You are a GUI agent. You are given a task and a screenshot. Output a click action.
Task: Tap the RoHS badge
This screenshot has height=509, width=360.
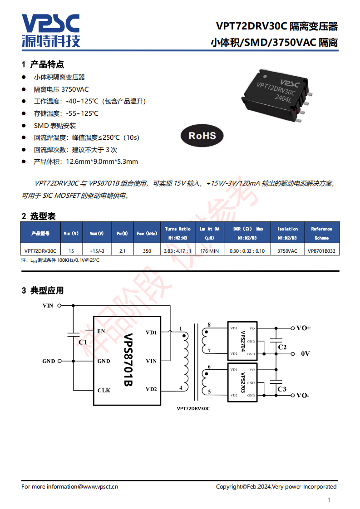pyautogui.click(x=202, y=135)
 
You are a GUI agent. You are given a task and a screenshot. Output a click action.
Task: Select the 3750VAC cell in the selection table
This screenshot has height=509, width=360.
pyautogui.click(x=287, y=251)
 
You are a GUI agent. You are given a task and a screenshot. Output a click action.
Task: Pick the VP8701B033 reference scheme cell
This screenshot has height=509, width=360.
pyautogui.click(x=322, y=251)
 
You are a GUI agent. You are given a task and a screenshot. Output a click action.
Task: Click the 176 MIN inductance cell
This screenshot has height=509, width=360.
pyautogui.click(x=210, y=251)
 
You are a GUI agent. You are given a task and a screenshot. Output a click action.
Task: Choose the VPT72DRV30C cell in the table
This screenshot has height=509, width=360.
pyautogui.click(x=40, y=251)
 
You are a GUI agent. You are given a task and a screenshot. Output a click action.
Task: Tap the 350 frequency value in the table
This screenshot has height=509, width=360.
pyautogui.click(x=147, y=251)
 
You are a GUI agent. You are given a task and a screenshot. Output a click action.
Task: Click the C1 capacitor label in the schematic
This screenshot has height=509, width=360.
pyautogui.click(x=83, y=342)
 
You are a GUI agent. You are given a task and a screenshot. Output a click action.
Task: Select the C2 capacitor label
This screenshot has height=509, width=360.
pyautogui.click(x=282, y=347)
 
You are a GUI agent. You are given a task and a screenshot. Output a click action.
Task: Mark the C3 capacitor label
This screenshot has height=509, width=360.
pyautogui.click(x=282, y=389)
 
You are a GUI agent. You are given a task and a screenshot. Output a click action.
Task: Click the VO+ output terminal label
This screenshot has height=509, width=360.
pyautogui.click(x=303, y=328)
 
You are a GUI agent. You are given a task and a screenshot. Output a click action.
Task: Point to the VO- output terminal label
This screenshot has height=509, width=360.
pyautogui.click(x=303, y=396)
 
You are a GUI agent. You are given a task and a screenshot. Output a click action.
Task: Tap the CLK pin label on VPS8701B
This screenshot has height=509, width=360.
pyautogui.click(x=104, y=390)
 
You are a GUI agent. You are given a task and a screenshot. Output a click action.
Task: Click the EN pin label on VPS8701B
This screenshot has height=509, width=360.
pyautogui.click(x=101, y=331)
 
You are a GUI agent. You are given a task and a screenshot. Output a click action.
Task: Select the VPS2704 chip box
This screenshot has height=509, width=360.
pyautogui.click(x=242, y=341)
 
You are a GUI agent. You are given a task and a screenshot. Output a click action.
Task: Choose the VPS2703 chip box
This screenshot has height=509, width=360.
pyautogui.click(x=242, y=382)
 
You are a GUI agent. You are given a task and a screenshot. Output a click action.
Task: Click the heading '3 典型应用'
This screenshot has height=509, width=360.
pyautogui.click(x=43, y=290)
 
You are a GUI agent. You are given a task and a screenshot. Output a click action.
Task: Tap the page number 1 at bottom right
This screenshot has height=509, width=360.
pyautogui.click(x=330, y=500)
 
